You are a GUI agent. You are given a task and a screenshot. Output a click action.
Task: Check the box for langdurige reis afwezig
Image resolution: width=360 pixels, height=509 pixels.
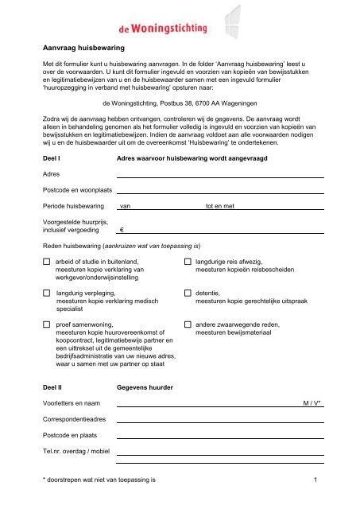188,261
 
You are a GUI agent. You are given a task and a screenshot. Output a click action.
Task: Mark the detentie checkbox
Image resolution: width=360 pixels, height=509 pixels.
188,293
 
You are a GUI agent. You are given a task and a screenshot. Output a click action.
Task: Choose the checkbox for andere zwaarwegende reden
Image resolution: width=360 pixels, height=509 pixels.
188,325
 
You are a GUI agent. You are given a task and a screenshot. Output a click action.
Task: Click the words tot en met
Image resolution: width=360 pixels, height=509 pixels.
221,207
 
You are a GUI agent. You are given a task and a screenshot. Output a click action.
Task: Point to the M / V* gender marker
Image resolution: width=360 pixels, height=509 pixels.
311,404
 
